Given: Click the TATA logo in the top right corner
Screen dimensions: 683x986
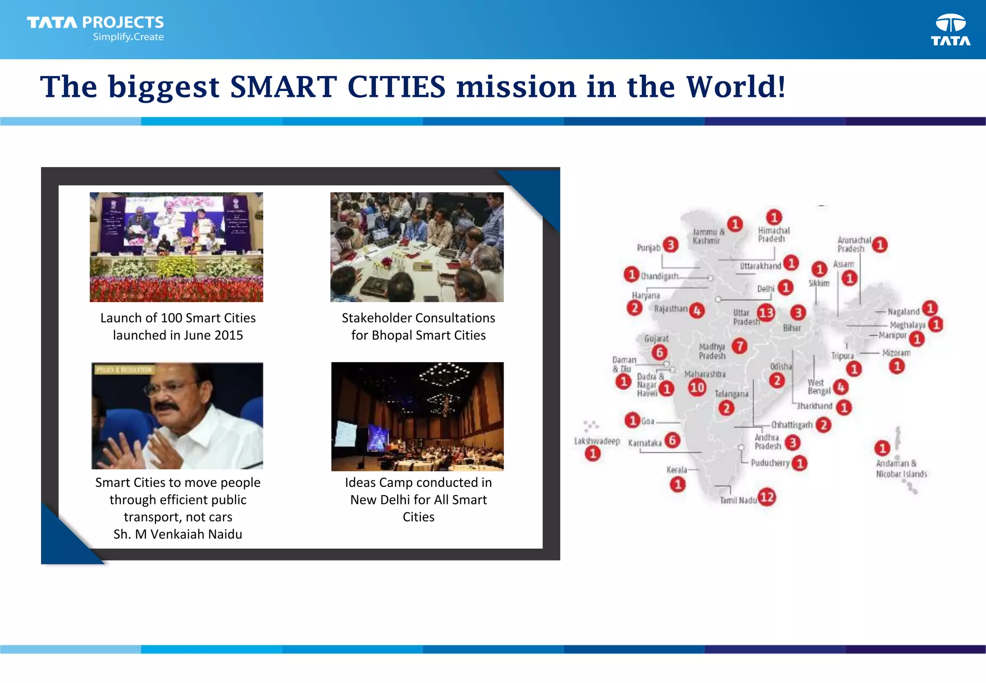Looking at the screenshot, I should [x=950, y=30].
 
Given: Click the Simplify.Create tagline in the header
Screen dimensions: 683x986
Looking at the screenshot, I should [x=128, y=37].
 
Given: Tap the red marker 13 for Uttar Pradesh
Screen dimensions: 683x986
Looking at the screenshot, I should [x=766, y=313].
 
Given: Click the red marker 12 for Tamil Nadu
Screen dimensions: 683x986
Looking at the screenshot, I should [x=767, y=497].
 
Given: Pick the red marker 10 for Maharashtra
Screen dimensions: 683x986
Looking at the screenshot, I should [x=697, y=387].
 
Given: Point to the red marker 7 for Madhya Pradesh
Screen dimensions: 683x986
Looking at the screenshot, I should [x=739, y=345].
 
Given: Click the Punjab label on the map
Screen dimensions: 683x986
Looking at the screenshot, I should [x=649, y=248].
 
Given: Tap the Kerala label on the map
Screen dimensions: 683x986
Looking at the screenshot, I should [x=676, y=470].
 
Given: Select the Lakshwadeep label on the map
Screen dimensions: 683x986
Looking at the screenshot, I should [x=597, y=441].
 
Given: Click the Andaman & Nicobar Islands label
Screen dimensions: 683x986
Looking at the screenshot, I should [x=901, y=469].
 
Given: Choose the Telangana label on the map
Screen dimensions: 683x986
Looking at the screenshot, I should [x=731, y=394].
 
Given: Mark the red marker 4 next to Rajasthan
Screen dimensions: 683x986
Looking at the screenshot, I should [x=697, y=311].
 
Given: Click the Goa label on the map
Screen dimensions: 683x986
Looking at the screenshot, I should [x=648, y=421].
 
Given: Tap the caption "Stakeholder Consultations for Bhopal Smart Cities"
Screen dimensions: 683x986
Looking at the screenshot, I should [x=418, y=327].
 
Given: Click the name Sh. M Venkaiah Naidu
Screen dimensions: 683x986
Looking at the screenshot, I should [x=178, y=534].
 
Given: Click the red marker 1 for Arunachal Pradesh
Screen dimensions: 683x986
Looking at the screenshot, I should [x=880, y=245].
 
